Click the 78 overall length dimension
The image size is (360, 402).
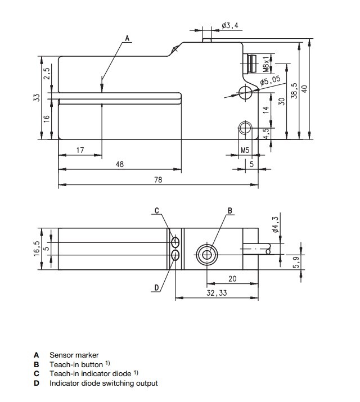(158, 179)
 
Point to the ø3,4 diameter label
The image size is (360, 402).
(231, 26)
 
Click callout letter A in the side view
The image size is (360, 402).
(128, 38)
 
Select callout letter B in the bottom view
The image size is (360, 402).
(229, 210)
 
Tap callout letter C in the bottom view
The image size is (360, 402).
(157, 210)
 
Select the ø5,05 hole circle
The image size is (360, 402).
(245, 92)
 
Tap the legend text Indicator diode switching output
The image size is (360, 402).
(103, 383)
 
